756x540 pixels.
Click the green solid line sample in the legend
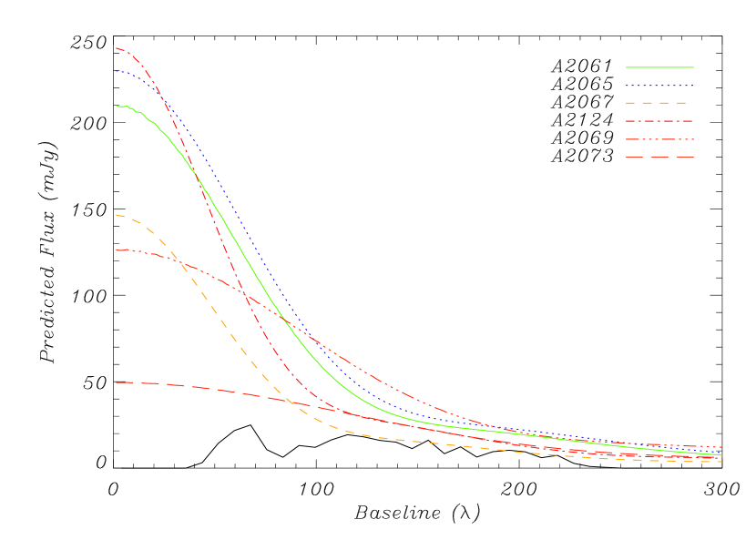pos(659,67)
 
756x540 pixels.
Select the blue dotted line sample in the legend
pos(659,86)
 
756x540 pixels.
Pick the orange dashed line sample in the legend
pos(659,104)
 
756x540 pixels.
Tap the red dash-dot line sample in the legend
pos(659,121)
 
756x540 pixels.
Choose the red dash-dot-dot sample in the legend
pos(659,139)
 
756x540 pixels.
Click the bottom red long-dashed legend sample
pos(659,158)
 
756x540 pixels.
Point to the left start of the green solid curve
pos(117,106)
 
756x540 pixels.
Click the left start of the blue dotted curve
pos(117,71)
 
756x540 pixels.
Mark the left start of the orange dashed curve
pos(117,215)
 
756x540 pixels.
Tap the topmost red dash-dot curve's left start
pos(117,48)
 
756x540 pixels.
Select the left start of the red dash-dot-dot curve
pos(117,250)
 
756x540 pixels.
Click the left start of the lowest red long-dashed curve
pos(117,382)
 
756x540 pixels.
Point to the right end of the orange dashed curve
pos(722,462)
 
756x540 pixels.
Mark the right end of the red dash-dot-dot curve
pos(722,447)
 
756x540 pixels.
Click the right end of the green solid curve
pos(722,454)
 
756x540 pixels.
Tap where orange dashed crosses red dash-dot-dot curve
pos(182,265)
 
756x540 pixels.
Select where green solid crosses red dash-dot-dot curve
pos(285,321)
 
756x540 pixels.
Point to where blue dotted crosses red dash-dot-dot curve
pos(308,335)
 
